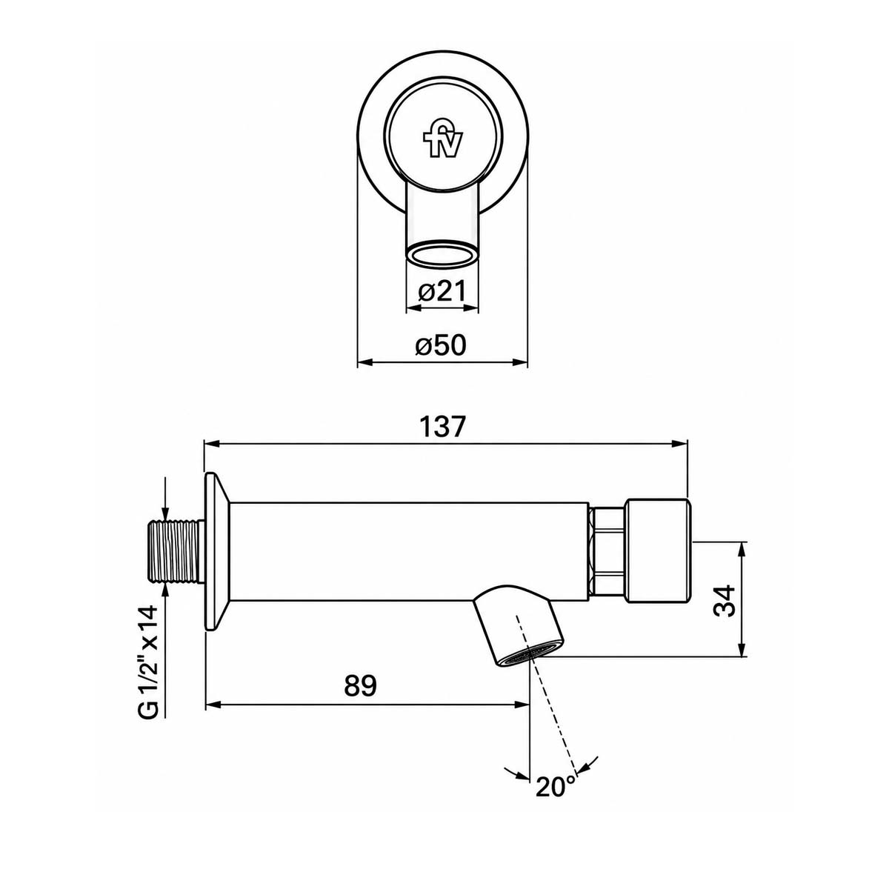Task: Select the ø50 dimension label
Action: [x=441, y=344]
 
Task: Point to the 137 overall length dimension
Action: [x=441, y=427]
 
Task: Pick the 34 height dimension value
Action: [x=724, y=600]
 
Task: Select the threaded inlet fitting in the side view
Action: [x=176, y=557]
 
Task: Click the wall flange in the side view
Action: [x=216, y=552]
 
